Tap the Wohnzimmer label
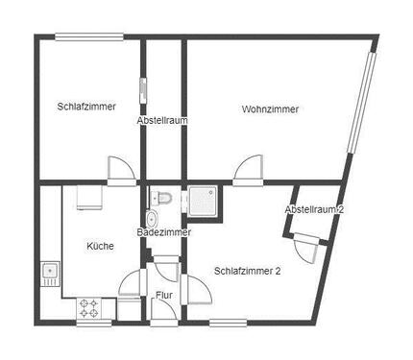tap(270, 109)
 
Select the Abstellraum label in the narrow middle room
tap(161, 121)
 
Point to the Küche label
tap(100, 246)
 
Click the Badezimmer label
tap(163, 232)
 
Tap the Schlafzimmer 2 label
tap(248, 271)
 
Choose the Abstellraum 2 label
tap(314, 210)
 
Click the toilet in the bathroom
tap(163, 198)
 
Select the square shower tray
tap(205, 200)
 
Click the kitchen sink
tap(50, 273)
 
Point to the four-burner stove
tap(89, 307)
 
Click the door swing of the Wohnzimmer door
tap(247, 168)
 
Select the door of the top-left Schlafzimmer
tap(122, 169)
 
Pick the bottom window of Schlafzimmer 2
tap(229, 321)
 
